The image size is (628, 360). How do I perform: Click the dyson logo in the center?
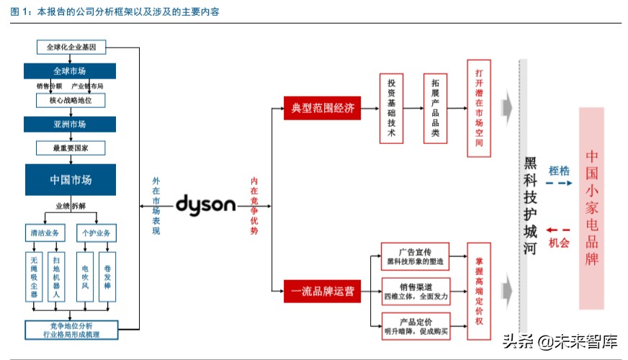[x=205, y=204]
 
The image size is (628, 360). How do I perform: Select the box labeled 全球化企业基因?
[x=71, y=48]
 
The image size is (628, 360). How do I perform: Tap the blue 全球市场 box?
[x=70, y=71]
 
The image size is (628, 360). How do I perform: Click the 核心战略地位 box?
[x=70, y=100]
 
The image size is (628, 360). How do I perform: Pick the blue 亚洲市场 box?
[x=70, y=124]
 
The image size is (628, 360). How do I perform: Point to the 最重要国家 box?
[x=70, y=148]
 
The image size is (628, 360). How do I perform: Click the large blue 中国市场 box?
[x=70, y=179]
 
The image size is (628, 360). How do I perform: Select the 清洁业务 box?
[x=44, y=233]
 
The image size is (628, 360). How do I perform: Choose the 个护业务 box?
[x=95, y=233]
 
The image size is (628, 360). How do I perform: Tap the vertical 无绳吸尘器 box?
[x=34, y=275]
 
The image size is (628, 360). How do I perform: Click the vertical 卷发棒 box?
[x=106, y=275]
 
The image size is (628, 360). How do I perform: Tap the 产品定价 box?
[x=414, y=325]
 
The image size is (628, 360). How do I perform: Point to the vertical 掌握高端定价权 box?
[x=479, y=291]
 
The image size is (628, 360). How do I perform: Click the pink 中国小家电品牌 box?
[x=592, y=208]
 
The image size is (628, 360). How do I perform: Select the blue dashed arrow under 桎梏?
[x=559, y=184]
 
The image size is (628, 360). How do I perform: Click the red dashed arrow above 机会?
[x=559, y=228]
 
